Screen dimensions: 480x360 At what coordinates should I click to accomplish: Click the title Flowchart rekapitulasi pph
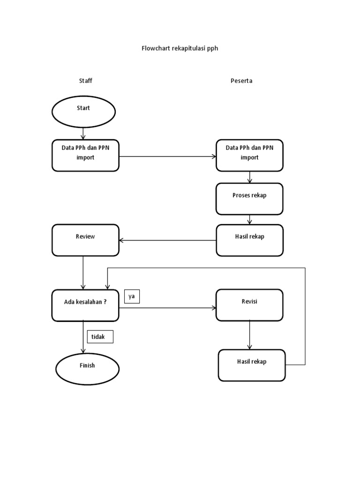click(x=180, y=48)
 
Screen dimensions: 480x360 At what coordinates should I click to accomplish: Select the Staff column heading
click(x=85, y=81)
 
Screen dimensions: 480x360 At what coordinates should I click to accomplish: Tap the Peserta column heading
click(x=241, y=81)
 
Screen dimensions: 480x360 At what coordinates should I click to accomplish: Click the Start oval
click(x=83, y=112)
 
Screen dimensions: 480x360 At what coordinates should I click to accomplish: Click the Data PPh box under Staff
click(x=85, y=155)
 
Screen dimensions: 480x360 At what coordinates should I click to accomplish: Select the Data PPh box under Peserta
click(x=249, y=155)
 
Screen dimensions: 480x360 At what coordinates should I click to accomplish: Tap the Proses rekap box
click(x=249, y=199)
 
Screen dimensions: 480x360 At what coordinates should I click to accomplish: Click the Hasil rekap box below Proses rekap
click(x=249, y=240)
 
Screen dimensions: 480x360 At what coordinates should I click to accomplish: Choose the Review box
click(x=85, y=240)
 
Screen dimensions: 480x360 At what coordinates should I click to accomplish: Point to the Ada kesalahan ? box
click(x=85, y=305)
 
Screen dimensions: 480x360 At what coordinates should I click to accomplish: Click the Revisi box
click(x=249, y=305)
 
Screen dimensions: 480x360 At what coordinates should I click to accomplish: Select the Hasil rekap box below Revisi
click(x=252, y=365)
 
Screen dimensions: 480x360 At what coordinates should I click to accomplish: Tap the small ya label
click(x=132, y=296)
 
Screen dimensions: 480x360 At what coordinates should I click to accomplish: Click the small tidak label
click(x=100, y=337)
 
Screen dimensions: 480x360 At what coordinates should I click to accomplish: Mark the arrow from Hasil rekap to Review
click(x=167, y=240)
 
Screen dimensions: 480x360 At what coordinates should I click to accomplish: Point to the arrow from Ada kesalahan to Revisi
click(x=167, y=308)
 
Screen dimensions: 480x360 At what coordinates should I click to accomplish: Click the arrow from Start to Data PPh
click(x=83, y=133)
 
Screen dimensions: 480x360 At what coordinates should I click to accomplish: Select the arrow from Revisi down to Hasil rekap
click(x=249, y=335)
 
